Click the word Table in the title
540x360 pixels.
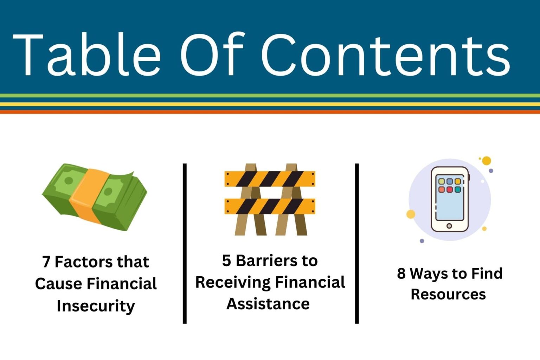pyautogui.click(x=86, y=54)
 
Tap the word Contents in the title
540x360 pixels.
pyautogui.click(x=385, y=54)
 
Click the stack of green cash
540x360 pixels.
pyautogui.click(x=94, y=197)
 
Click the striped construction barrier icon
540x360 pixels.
pyautogui.click(x=270, y=199)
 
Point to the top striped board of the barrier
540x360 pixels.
pyautogui.click(x=270, y=179)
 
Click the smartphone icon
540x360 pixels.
pyautogui.click(x=450, y=199)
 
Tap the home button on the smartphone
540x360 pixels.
pyautogui.click(x=449, y=226)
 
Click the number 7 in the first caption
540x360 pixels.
pyautogui.click(x=46, y=262)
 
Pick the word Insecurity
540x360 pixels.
pyautogui.click(x=96, y=306)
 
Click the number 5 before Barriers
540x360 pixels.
pyautogui.click(x=226, y=261)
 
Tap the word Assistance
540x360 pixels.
pyautogui.click(x=268, y=304)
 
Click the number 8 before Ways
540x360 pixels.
pyautogui.click(x=401, y=274)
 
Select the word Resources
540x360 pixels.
pyautogui.click(x=448, y=294)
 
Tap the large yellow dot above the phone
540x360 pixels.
pyautogui.click(x=486, y=161)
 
